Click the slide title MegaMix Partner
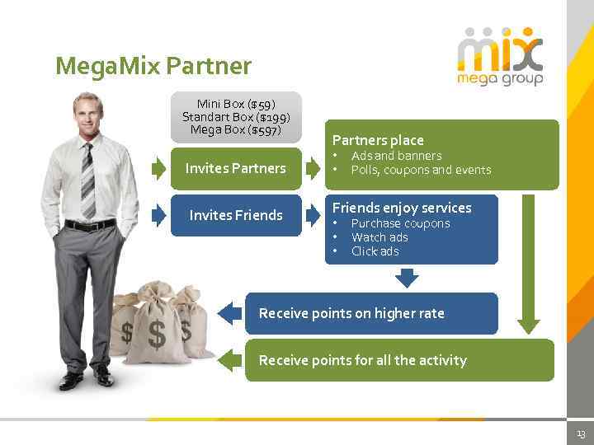click(x=153, y=66)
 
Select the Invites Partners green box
click(x=236, y=168)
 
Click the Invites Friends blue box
click(x=236, y=215)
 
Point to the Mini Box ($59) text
click(x=236, y=104)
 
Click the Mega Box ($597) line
click(x=236, y=130)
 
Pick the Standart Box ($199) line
click(x=236, y=117)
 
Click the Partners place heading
click(x=378, y=140)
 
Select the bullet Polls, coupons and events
click(x=421, y=170)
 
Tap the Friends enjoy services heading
click(x=401, y=208)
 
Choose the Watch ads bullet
click(x=379, y=237)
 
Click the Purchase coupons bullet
click(x=400, y=223)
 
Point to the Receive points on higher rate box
click(x=371, y=313)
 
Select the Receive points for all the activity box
click(x=399, y=360)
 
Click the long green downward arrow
click(x=528, y=264)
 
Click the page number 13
click(x=581, y=434)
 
